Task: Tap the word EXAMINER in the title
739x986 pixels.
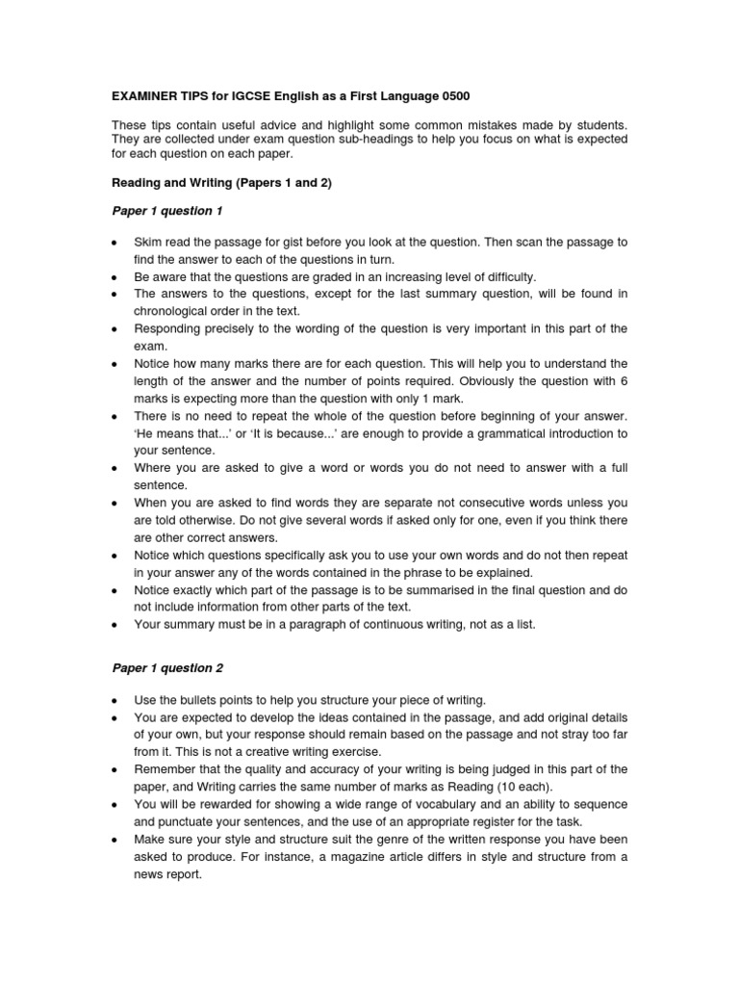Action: (143, 97)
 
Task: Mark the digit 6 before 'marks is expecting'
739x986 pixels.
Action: (623, 380)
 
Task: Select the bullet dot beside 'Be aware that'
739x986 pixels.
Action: (115, 277)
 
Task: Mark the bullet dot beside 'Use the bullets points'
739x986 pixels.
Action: (115, 700)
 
